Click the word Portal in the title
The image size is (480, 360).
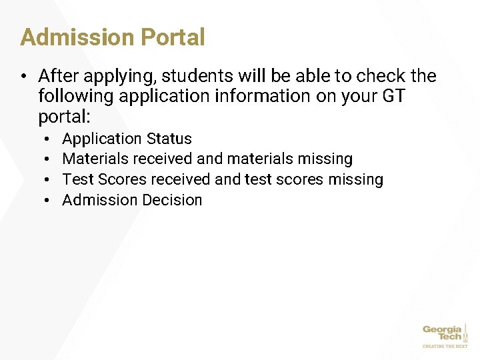pos(171,37)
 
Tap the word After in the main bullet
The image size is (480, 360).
pos(57,76)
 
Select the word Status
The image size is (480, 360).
pos(169,139)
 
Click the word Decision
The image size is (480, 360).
pos(171,200)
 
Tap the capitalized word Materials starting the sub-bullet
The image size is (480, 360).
pos(95,159)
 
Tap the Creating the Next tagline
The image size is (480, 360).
pos(445,346)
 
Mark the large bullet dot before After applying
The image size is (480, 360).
pos(24,76)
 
